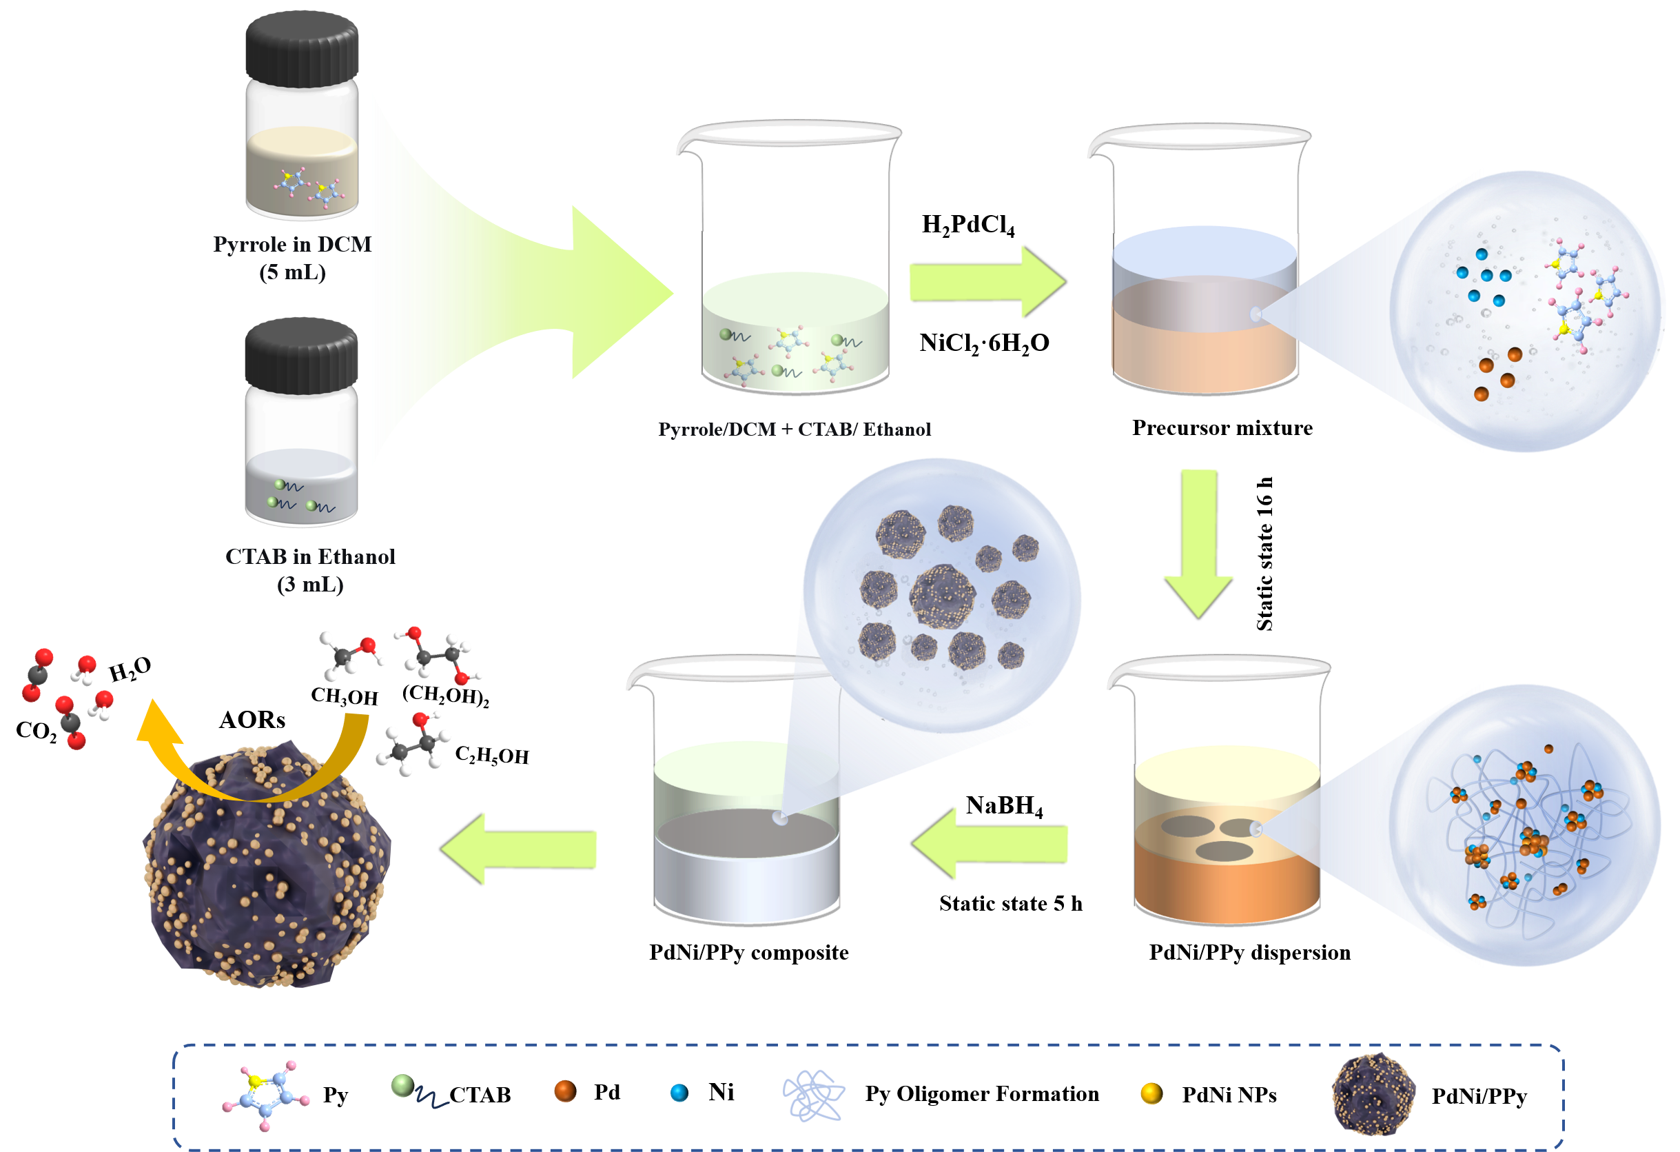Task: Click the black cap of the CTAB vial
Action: (x=300, y=354)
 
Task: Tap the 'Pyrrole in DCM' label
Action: (x=292, y=245)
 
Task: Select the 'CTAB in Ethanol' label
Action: (x=310, y=556)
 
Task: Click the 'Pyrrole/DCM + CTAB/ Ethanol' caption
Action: (x=794, y=430)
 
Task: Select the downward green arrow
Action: (x=1198, y=543)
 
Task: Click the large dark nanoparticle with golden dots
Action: (x=267, y=868)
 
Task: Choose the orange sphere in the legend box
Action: (x=564, y=1091)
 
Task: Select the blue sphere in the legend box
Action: (x=679, y=1093)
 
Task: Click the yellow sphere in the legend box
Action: (x=1151, y=1093)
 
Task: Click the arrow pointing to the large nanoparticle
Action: (x=519, y=847)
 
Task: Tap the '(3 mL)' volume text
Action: (x=310, y=585)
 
